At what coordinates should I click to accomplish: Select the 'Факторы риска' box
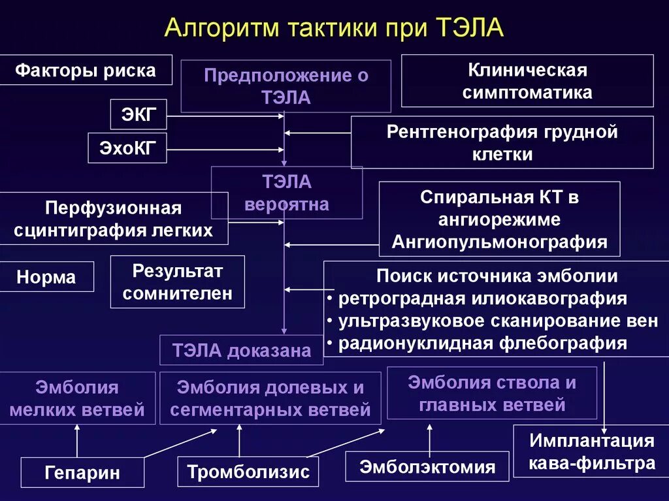click(86, 70)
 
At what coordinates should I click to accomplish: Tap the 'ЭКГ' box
click(138, 115)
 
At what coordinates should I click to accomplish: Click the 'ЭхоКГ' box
click(127, 148)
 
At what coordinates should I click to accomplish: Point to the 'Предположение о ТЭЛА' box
click(286, 86)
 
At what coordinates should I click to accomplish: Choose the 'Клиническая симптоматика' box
click(527, 81)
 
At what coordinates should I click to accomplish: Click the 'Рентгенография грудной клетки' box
click(502, 143)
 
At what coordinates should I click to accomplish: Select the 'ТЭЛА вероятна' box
click(286, 193)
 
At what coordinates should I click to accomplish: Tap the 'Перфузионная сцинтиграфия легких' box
click(113, 219)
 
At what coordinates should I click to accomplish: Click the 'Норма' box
click(46, 277)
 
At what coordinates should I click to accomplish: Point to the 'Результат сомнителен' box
click(177, 282)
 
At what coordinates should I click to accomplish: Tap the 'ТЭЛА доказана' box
click(242, 350)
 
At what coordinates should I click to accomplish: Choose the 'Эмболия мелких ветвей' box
click(77, 398)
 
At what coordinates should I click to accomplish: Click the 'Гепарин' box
click(82, 472)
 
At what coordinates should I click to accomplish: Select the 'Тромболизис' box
click(248, 472)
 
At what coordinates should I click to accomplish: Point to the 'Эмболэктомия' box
click(427, 467)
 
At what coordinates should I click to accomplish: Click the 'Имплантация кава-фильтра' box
click(591, 451)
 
